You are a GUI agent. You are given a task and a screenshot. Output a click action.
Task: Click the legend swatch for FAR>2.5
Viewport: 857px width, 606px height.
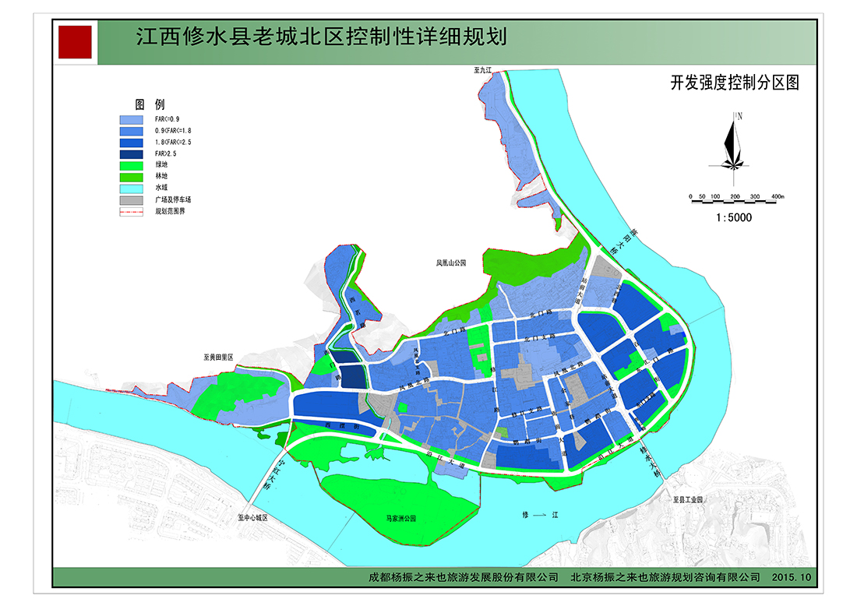[x=132, y=154]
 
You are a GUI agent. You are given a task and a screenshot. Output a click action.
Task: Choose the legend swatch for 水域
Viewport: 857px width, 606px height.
[x=132, y=188]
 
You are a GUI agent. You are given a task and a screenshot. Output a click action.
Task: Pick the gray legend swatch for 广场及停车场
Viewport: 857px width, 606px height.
[x=132, y=199]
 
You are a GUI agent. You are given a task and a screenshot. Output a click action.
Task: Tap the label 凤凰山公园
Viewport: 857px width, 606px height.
[x=450, y=264]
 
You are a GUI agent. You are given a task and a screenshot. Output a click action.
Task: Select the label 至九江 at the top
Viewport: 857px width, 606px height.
[x=484, y=70]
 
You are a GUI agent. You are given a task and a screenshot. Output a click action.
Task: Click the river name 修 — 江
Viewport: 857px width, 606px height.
[x=541, y=516]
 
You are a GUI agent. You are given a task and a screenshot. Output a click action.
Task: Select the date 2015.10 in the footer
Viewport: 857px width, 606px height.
[x=793, y=577]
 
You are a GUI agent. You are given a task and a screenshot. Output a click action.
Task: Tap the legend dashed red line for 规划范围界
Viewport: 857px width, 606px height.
[x=132, y=211]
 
